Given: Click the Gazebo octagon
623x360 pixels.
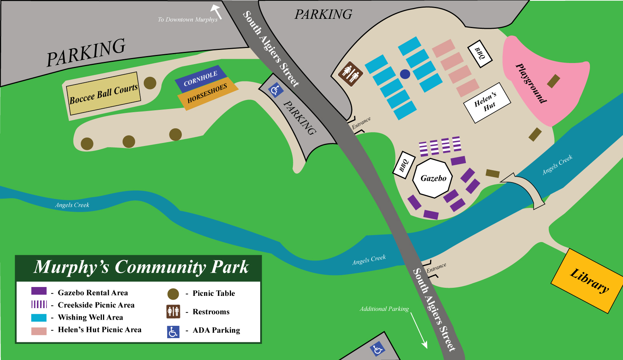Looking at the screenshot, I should [433, 178].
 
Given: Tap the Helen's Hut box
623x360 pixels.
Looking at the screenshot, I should [487, 103].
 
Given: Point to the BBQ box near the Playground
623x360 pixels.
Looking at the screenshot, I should [480, 53].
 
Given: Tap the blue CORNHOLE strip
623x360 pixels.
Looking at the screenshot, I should [201, 79].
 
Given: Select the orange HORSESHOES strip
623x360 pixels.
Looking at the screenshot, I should [207, 94].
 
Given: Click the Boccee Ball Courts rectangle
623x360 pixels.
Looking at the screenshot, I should [103, 93].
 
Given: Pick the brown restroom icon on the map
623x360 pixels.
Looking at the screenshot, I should [350, 73].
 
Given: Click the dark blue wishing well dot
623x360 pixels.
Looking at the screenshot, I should [405, 74].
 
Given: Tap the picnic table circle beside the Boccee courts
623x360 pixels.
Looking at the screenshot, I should [150, 83].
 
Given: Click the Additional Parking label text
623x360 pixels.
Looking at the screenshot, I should [384, 309].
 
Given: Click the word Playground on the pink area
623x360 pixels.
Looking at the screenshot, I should [531, 83].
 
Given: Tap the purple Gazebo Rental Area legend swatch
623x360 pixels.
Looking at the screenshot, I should [39, 291].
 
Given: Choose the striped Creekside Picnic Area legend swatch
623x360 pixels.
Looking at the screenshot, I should [39, 304].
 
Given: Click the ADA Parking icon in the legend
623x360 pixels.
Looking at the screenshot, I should [173, 332].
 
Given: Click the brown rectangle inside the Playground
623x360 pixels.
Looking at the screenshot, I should [553, 81].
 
